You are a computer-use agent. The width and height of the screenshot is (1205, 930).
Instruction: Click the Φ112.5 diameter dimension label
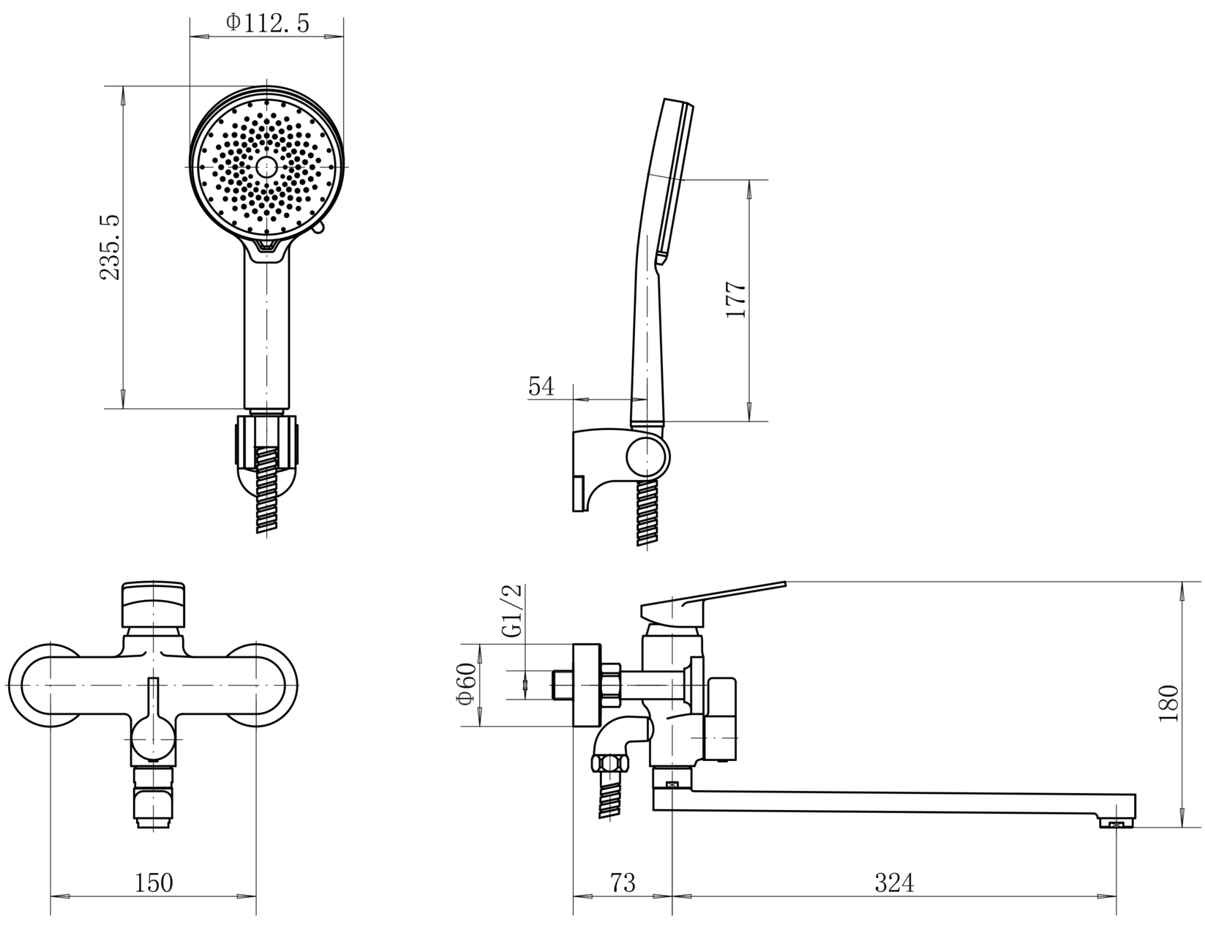point(267,24)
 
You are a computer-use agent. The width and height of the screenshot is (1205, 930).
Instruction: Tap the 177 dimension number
point(736,299)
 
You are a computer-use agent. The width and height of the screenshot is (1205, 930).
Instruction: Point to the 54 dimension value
point(541,386)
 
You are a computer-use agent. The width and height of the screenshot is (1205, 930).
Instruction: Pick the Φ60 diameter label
point(466,683)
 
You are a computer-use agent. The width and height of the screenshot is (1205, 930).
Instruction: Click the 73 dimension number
point(623,882)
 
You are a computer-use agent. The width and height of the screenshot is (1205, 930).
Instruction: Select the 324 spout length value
point(895,882)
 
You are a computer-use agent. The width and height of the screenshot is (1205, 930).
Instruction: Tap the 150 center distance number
point(154,882)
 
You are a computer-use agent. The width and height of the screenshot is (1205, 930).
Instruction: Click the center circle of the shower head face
point(267,165)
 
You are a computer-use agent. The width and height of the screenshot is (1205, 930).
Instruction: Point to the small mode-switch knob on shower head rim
point(319,228)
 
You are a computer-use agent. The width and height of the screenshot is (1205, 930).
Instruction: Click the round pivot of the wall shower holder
point(647,457)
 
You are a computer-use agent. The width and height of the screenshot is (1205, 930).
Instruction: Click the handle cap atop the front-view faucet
point(154,604)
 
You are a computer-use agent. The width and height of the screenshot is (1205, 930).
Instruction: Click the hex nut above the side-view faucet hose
point(610,764)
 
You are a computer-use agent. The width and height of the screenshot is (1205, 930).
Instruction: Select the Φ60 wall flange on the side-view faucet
point(587,685)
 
